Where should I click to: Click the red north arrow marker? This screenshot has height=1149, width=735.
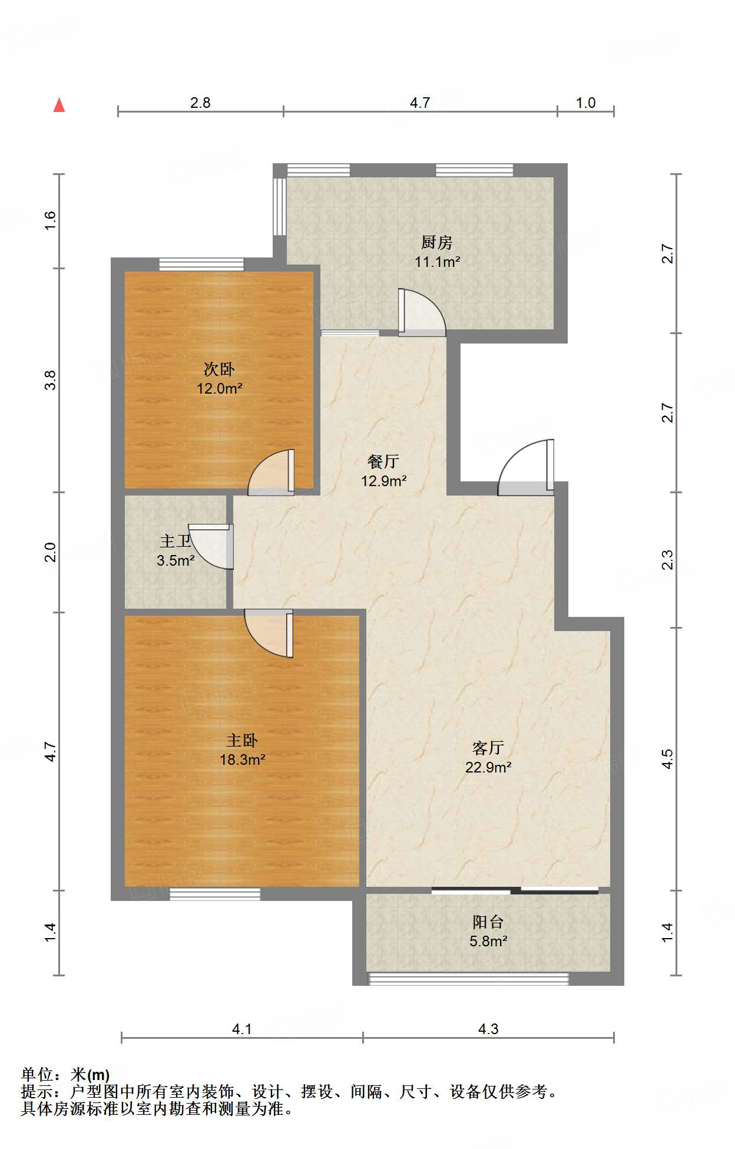[59, 105]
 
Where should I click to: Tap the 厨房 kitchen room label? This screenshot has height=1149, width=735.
[436, 242]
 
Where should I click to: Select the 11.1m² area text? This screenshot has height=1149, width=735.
[437, 262]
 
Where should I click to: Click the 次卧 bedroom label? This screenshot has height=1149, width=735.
[219, 369]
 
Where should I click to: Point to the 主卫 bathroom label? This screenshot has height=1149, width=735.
[175, 541]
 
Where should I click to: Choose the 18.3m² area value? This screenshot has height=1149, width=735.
[243, 760]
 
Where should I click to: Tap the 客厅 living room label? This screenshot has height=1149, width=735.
[488, 748]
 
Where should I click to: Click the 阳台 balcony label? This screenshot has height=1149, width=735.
[488, 922]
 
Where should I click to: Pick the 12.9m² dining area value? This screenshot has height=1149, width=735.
[384, 481]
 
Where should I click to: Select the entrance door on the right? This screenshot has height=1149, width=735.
[526, 467]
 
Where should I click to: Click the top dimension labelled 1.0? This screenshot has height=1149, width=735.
[585, 103]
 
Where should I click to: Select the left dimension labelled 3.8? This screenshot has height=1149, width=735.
[51, 380]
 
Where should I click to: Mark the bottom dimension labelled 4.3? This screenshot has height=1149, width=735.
[488, 1029]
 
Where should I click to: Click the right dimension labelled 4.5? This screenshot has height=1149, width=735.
[667, 759]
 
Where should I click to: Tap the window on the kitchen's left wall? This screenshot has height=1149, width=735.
[279, 207]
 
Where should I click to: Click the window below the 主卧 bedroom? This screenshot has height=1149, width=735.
[215, 894]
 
